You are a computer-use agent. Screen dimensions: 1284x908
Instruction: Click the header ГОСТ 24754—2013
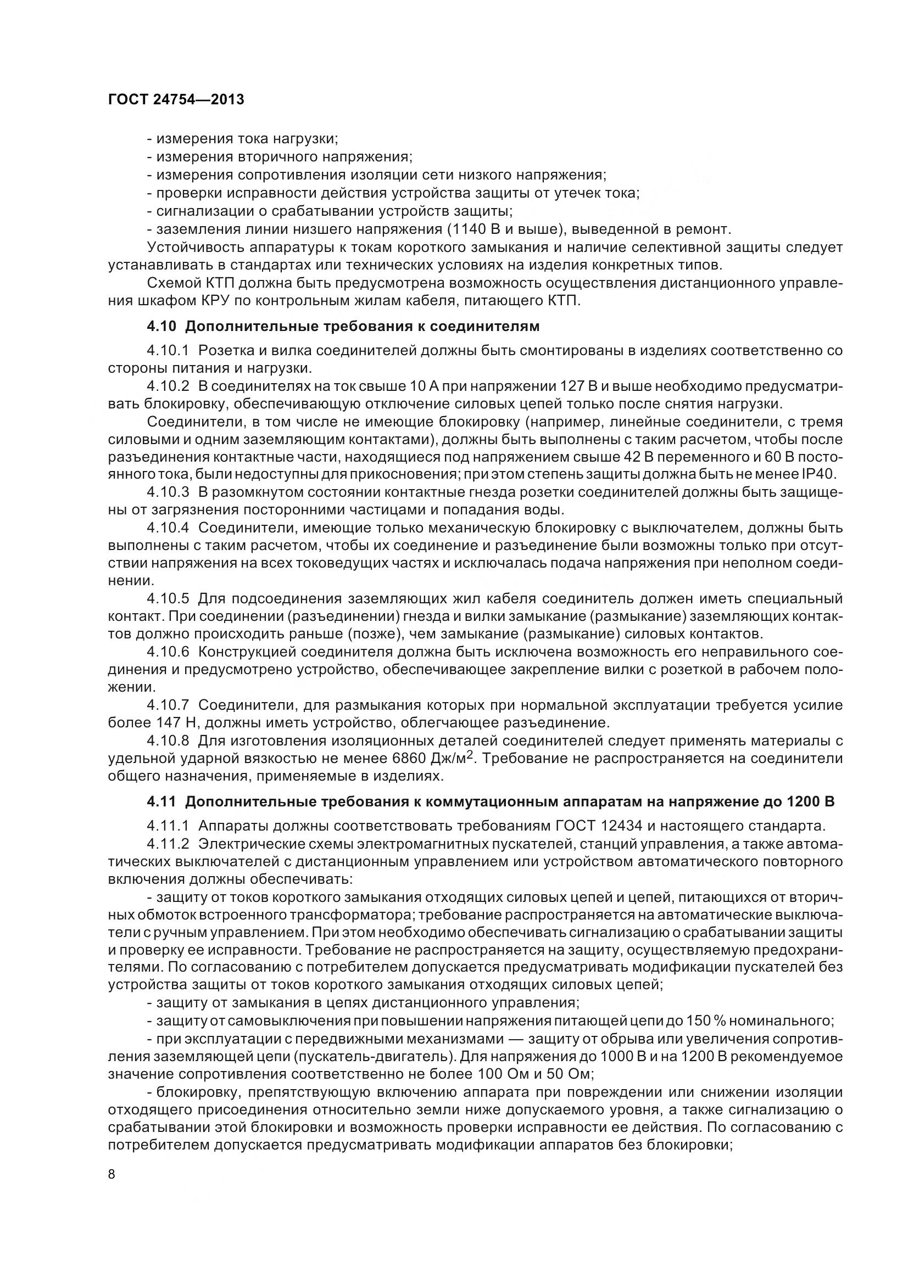[176, 100]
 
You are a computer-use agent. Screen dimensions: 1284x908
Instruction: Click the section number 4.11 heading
[160, 802]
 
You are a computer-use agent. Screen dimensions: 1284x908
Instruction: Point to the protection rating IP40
[819, 475]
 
